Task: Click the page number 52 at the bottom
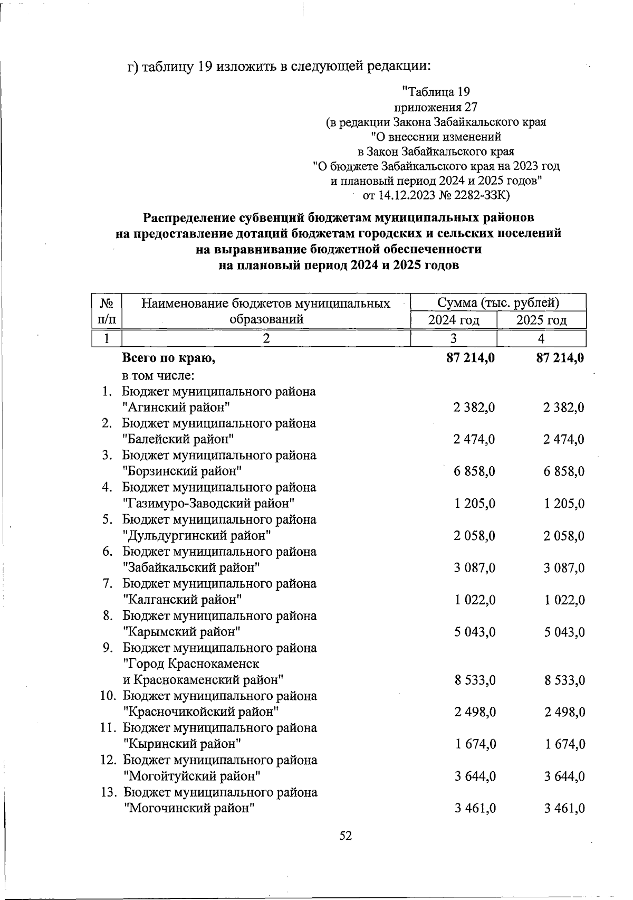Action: point(346,836)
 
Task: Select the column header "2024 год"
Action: point(454,320)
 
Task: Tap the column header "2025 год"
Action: point(542,320)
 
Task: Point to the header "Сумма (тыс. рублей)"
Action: point(498,303)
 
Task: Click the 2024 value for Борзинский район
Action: point(474,471)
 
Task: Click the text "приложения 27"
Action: point(436,107)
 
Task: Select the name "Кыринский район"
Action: point(183,744)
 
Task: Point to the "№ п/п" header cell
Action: point(107,311)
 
